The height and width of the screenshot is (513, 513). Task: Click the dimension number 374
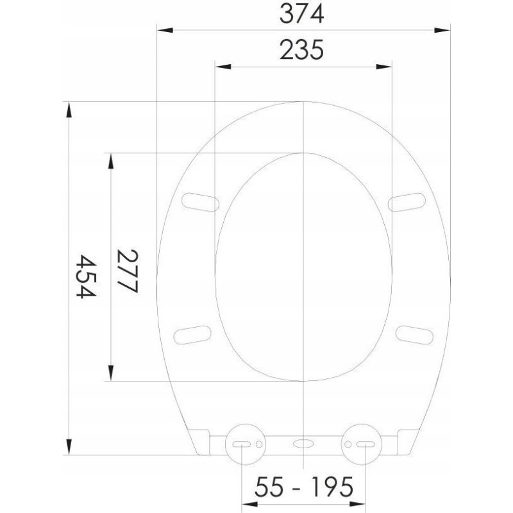(x=301, y=14)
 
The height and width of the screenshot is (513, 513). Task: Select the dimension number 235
(x=301, y=50)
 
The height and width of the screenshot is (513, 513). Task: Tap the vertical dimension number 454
(x=86, y=276)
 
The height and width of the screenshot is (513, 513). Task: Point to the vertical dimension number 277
(x=128, y=271)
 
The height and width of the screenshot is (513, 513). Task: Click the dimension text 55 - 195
(x=304, y=487)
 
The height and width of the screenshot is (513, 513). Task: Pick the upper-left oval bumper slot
(x=200, y=202)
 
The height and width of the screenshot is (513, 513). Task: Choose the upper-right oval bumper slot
(x=407, y=202)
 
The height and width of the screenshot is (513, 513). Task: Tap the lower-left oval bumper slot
(x=192, y=335)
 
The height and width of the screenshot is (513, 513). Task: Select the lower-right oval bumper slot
(x=414, y=335)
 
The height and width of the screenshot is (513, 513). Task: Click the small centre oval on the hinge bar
(x=303, y=444)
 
